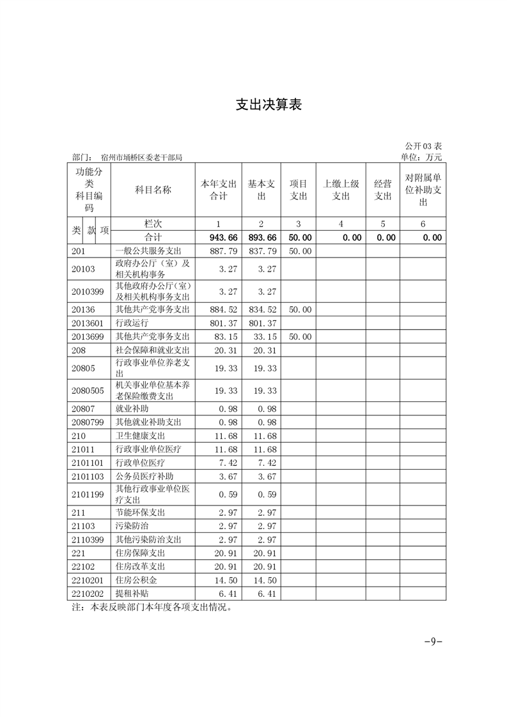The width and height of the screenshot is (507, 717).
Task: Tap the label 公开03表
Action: (x=423, y=146)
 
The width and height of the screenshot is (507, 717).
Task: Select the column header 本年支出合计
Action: (x=219, y=190)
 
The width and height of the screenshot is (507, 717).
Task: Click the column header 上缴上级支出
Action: (x=341, y=190)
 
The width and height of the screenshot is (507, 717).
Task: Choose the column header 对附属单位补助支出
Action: (x=423, y=190)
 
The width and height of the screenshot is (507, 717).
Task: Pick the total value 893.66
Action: (x=261, y=237)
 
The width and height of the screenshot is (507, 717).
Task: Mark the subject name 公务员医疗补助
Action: (x=144, y=476)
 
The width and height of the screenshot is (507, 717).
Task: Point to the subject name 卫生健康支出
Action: (x=140, y=435)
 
